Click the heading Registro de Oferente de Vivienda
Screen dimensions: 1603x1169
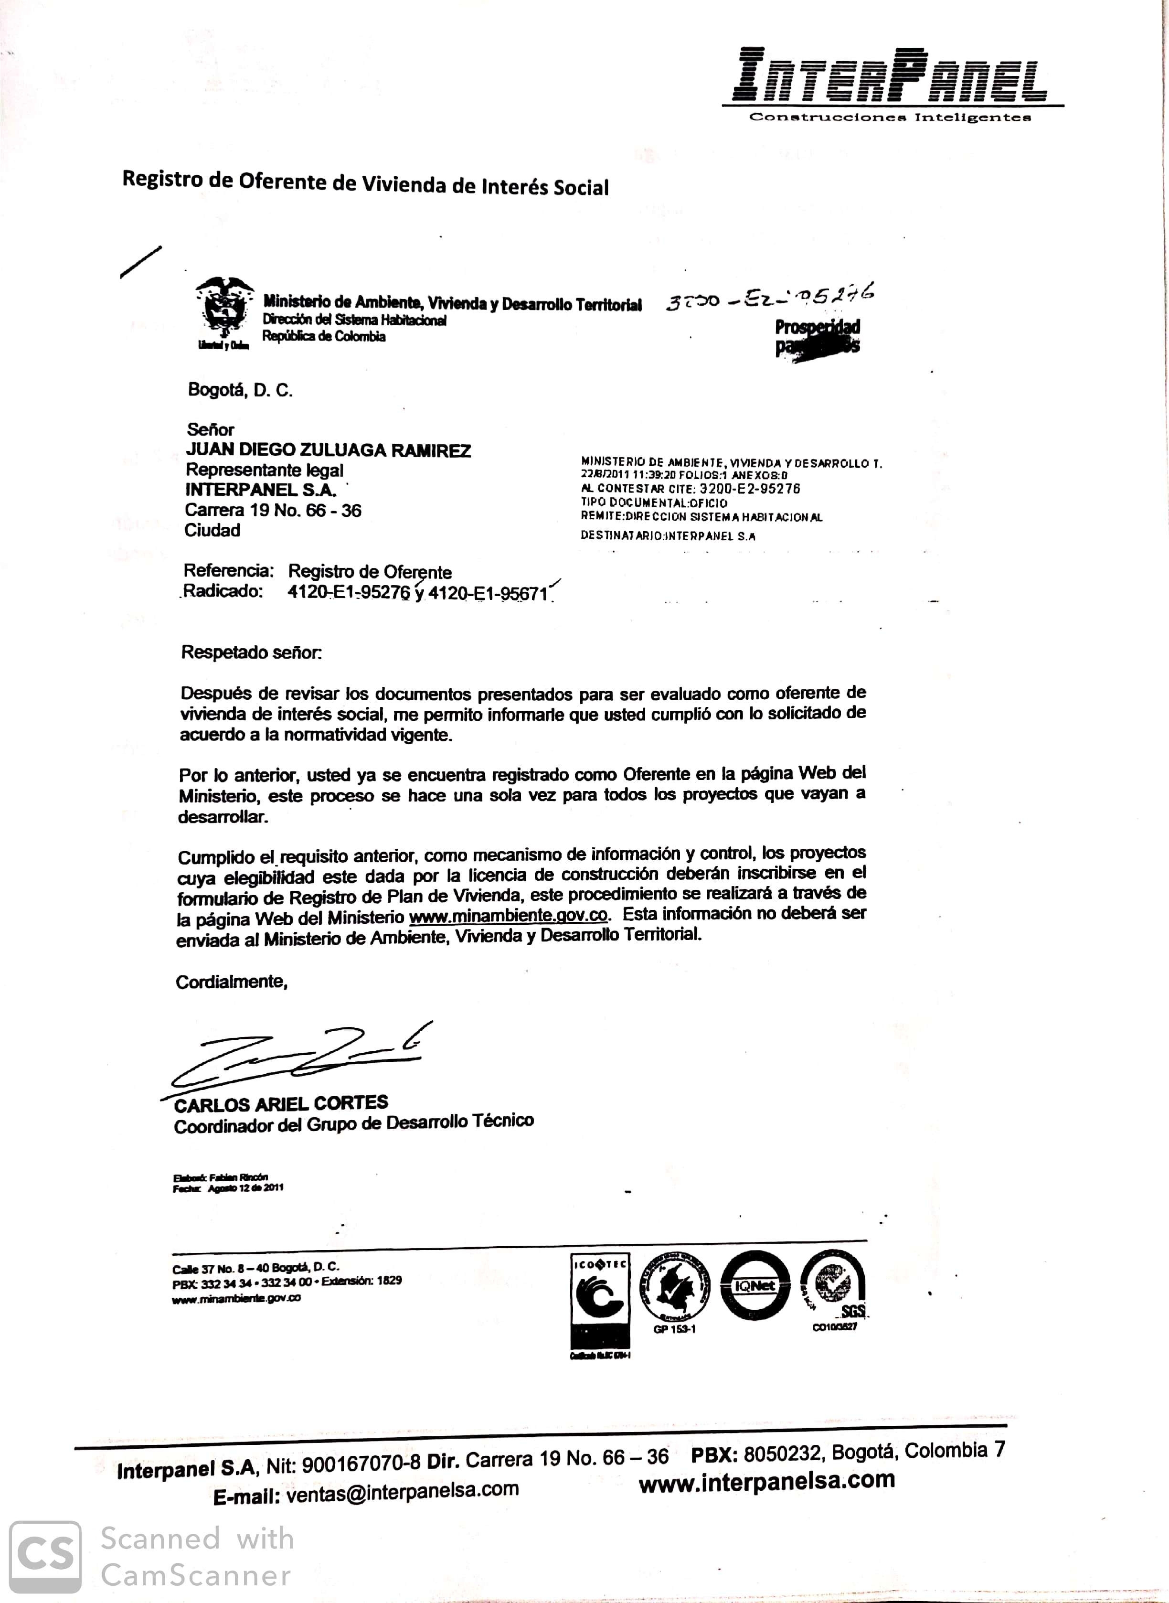(365, 183)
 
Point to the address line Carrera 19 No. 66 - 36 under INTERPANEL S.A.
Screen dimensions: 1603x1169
(273, 510)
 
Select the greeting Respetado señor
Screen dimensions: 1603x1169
(251, 652)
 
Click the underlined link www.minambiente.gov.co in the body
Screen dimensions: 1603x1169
(508, 915)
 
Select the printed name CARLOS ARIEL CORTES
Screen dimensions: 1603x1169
(281, 1104)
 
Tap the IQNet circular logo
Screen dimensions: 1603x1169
(755, 1286)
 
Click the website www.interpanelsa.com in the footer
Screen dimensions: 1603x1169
(767, 1481)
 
